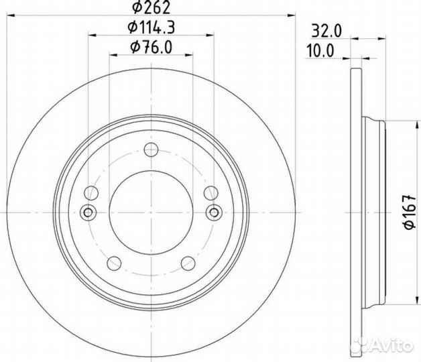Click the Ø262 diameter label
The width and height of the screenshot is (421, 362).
(152, 7)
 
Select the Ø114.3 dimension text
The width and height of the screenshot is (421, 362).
(152, 27)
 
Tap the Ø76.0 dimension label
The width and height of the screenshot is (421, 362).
(151, 47)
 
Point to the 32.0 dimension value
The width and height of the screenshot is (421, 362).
(326, 31)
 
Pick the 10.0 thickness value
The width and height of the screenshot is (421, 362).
(320, 51)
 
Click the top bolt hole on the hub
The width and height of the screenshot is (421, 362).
(151, 149)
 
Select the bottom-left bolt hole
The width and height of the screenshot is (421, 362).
(114, 263)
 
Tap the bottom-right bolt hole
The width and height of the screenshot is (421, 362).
(188, 263)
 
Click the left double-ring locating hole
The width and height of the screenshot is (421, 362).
(88, 213)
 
